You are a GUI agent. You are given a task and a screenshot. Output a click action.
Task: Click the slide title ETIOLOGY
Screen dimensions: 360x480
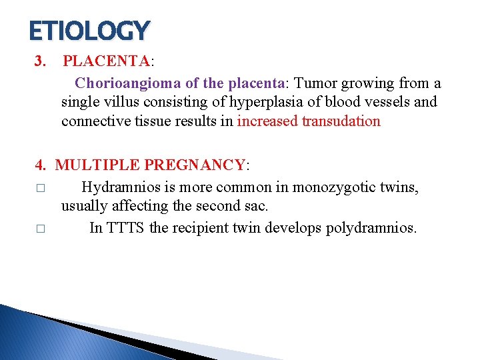[90, 30]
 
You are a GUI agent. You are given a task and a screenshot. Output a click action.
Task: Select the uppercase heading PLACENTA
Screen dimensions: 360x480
[107, 62]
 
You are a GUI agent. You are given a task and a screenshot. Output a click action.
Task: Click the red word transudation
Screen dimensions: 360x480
[341, 121]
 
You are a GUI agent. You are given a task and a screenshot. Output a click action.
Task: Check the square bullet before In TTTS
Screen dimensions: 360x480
[41, 229]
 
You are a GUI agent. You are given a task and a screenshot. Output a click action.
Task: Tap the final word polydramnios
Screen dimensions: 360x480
[371, 228]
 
